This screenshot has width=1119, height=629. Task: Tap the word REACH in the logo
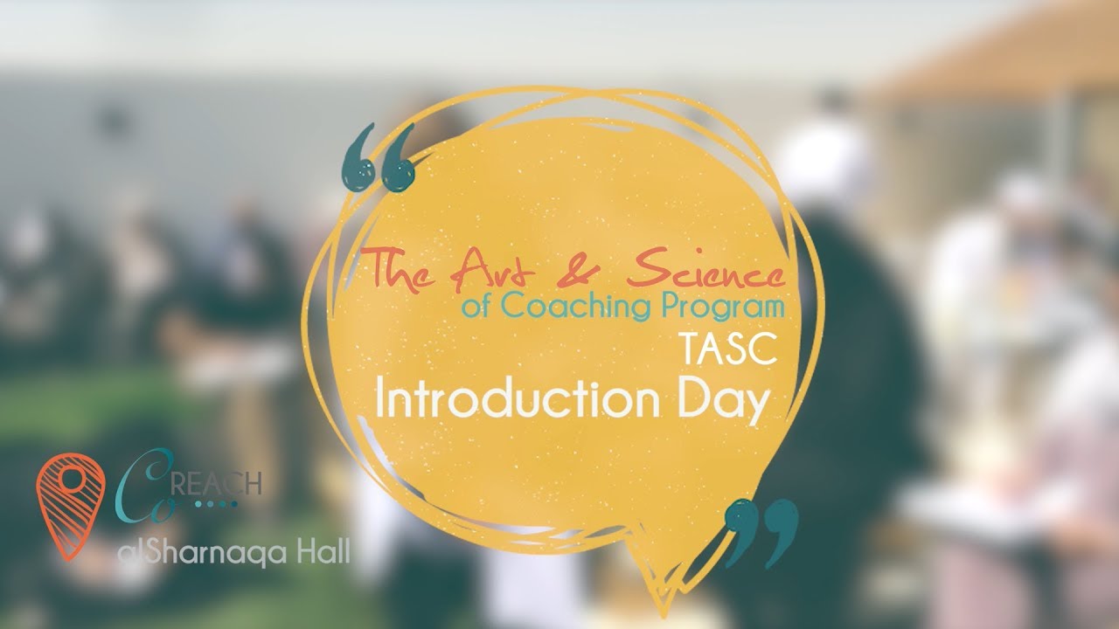[222, 482]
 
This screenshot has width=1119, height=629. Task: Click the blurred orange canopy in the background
[1005, 52]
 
